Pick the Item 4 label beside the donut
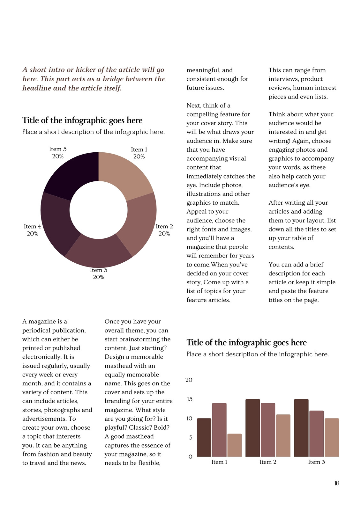(32, 230)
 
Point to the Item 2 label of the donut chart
(164, 230)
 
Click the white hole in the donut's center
(99, 210)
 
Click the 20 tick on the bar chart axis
(189, 380)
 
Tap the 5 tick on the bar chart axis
(191, 437)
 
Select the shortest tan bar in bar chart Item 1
(234, 445)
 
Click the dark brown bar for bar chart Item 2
(253, 428)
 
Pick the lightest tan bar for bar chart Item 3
(332, 437)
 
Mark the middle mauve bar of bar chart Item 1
(219, 430)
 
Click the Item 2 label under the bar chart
(268, 462)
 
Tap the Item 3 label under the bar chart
(317, 462)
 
